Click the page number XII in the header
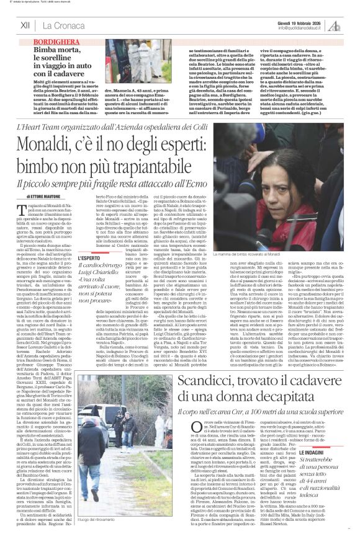25,25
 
